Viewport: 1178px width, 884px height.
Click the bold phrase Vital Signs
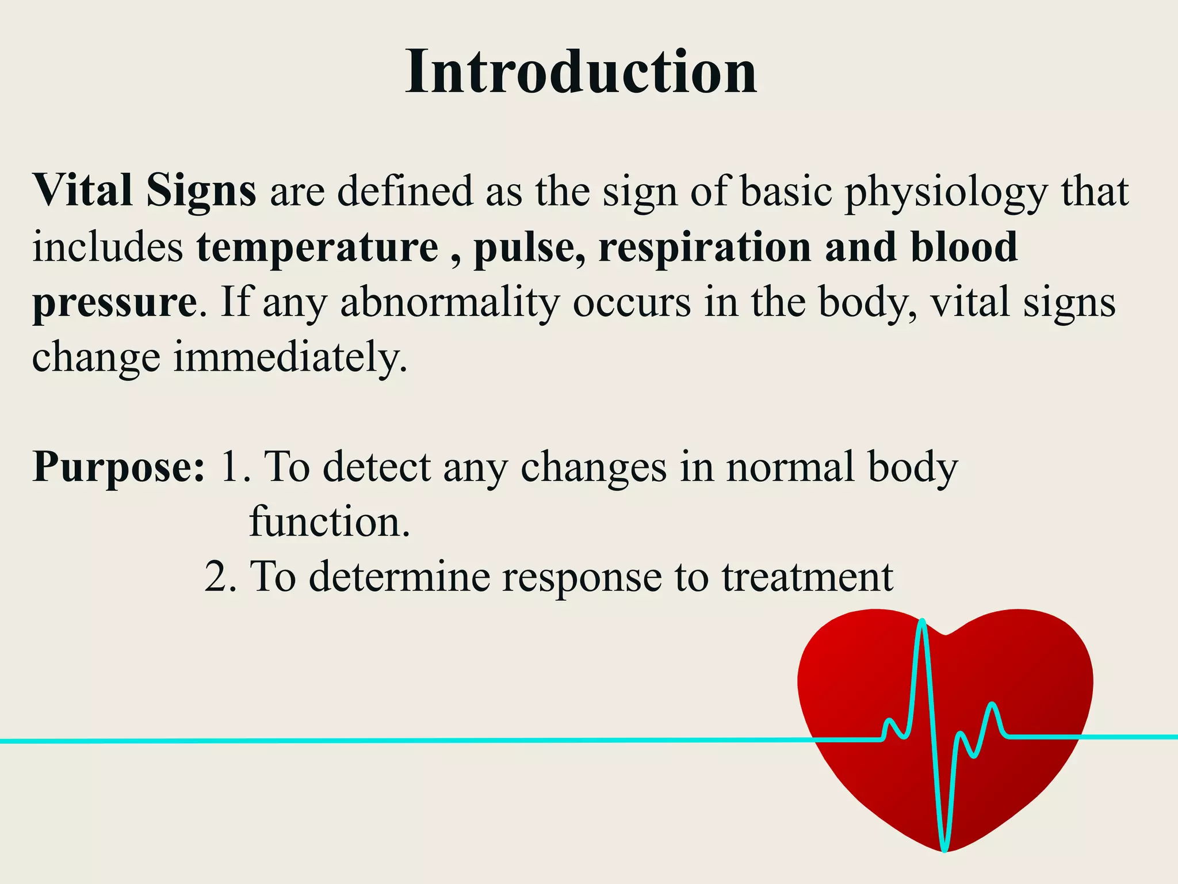[x=144, y=191]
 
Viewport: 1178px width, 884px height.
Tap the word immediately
[x=290, y=357]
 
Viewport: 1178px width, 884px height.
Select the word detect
[x=376, y=466]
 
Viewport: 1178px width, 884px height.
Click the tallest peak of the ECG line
[x=922, y=622]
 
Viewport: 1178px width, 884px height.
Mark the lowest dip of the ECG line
[x=944, y=848]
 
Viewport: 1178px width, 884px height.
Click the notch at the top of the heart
[x=946, y=634]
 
